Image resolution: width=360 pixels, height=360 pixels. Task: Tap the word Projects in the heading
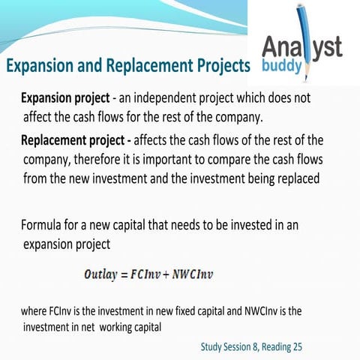pos(217,66)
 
